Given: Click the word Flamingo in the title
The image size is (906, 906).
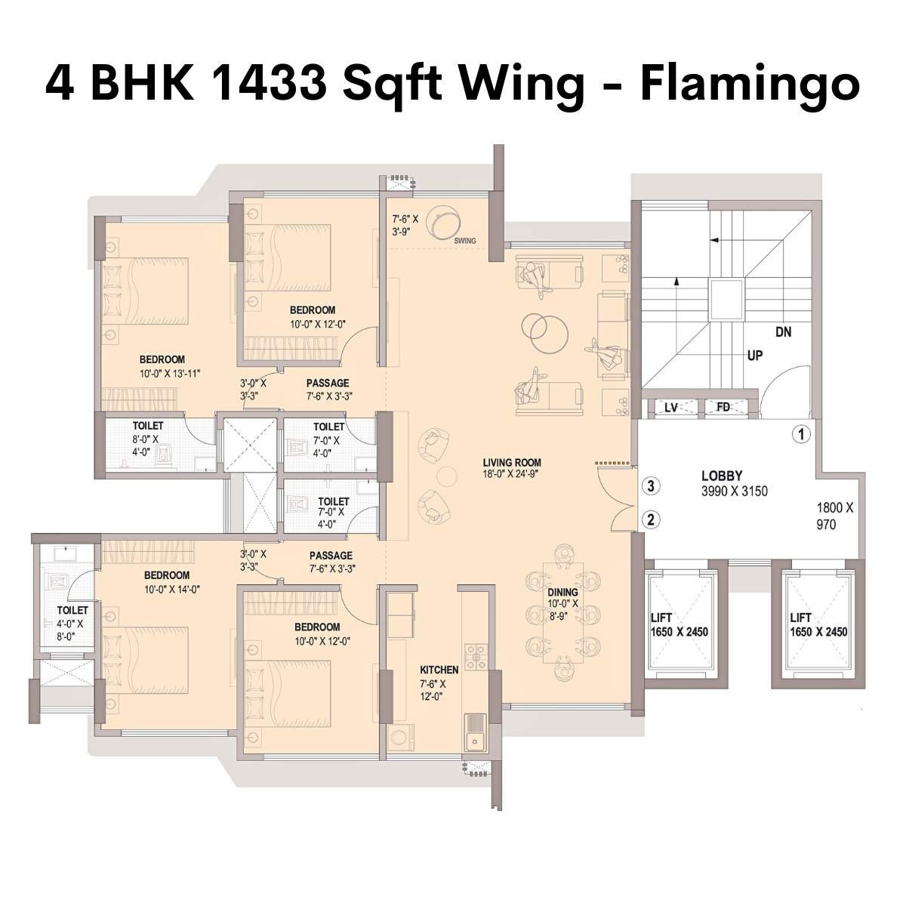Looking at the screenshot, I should coord(750,85).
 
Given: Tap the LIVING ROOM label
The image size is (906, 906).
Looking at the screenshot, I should coord(513,463).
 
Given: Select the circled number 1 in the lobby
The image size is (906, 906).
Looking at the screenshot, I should coord(801,434).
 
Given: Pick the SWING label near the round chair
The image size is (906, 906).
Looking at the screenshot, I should coord(465,241).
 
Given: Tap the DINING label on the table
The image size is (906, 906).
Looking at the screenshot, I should coord(562,593).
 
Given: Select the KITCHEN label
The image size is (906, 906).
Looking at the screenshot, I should coord(439,670).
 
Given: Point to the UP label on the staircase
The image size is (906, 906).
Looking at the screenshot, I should coord(754,356).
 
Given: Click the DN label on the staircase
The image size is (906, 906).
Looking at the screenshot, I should coord(783,331).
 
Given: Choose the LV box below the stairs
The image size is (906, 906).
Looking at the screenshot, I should coord(671,408).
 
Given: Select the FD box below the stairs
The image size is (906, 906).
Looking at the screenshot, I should coord(723,408).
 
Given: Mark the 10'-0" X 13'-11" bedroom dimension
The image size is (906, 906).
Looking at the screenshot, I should coord(170,373).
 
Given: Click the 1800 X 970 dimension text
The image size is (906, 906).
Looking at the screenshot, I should coord(835,516).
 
